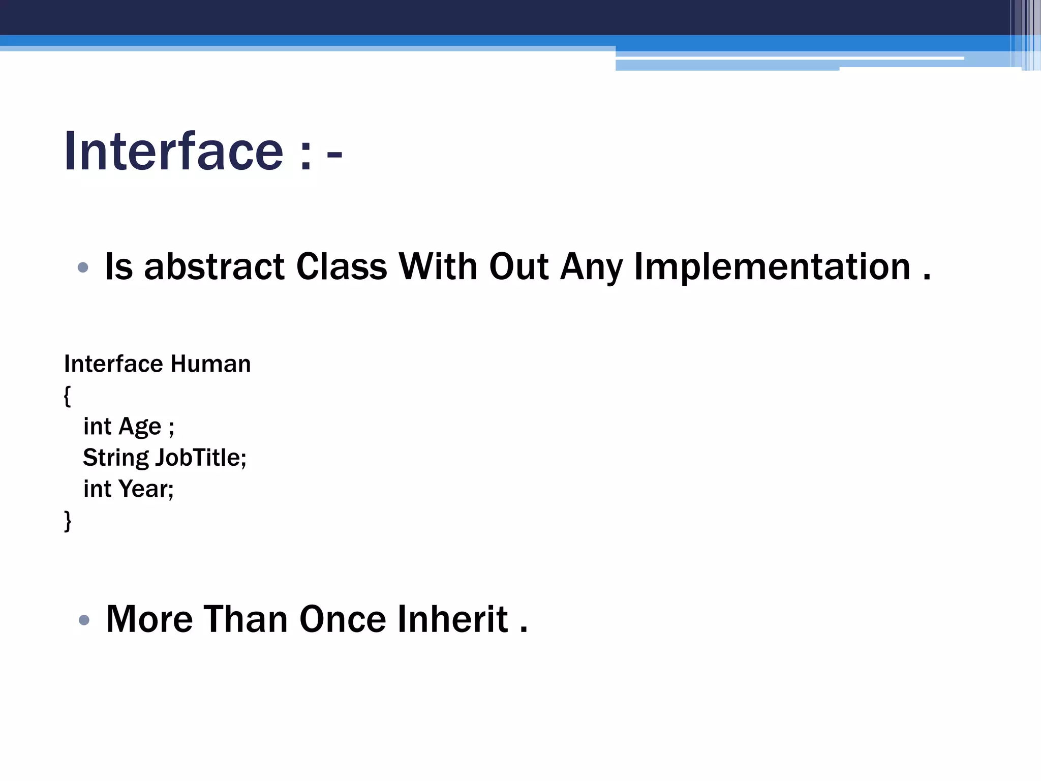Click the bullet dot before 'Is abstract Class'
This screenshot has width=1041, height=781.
[x=83, y=267]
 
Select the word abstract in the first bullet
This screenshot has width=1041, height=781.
[x=214, y=267]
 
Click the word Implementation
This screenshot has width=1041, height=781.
[x=772, y=267]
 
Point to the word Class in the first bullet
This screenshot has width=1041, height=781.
[x=341, y=267]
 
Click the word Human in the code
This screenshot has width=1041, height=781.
[x=210, y=364]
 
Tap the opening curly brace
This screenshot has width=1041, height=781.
[x=67, y=396]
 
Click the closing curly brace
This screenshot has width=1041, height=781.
[x=67, y=521]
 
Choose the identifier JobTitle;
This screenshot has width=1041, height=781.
[x=201, y=458]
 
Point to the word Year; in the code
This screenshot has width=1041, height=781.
[x=146, y=489]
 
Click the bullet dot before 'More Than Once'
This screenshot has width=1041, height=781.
[x=84, y=620]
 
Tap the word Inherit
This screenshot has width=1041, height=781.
[x=452, y=619]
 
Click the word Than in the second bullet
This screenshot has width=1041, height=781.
[x=246, y=619]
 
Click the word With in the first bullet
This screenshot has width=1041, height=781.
[x=438, y=267]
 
